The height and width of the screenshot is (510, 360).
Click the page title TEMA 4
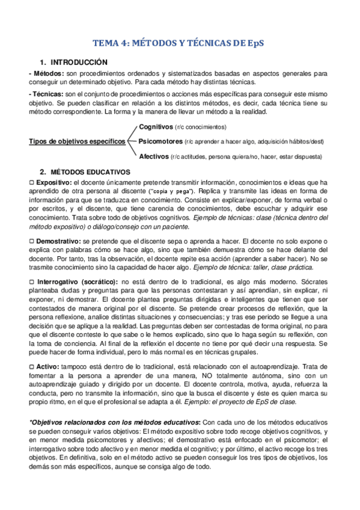(x=180, y=43)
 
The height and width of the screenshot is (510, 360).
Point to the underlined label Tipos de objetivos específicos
(x=78, y=141)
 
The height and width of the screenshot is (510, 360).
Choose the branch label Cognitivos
(x=156, y=127)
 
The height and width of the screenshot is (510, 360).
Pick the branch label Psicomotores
(x=160, y=141)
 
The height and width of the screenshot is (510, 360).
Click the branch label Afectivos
(x=153, y=156)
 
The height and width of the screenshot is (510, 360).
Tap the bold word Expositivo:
(x=54, y=182)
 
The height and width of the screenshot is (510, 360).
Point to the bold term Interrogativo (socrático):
(x=78, y=281)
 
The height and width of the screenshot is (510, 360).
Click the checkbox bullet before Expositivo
(x=32, y=182)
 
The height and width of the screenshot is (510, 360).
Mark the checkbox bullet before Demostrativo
(x=32, y=241)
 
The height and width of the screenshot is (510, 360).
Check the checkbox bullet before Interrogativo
(x=32, y=281)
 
